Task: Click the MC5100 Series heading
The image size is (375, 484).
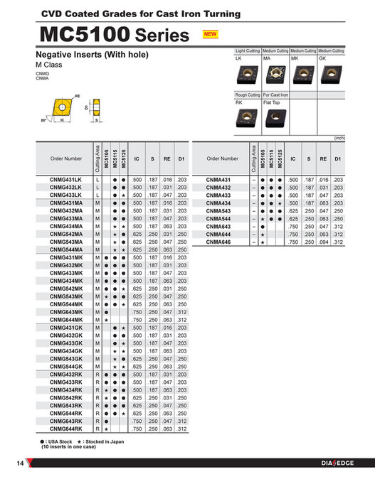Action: pyautogui.click(x=115, y=34)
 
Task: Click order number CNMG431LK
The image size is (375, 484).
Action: pyautogui.click(x=66, y=181)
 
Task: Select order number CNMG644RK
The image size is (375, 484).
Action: pyautogui.click(x=66, y=429)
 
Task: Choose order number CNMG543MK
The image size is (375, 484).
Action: pyautogui.click(x=66, y=296)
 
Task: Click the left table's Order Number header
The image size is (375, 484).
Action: pyautogui.click(x=66, y=158)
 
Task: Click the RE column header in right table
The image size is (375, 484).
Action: pyautogui.click(x=324, y=158)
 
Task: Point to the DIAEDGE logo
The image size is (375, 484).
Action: pyautogui.click(x=337, y=464)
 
